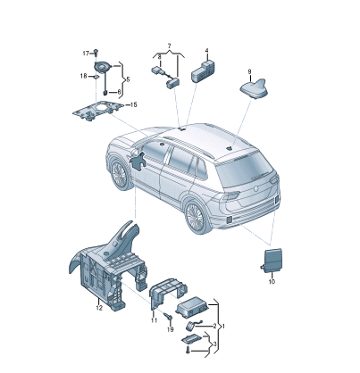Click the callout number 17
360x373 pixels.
tap(86, 54)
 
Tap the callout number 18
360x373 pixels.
tap(83, 76)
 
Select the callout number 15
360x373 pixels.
tap(133, 104)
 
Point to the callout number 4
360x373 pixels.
tap(206, 51)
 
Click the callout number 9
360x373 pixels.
tap(249, 71)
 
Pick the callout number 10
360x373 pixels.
tap(272, 281)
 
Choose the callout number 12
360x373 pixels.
tap(99, 308)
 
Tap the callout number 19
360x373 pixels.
tap(170, 329)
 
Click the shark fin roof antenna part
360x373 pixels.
tap(255, 88)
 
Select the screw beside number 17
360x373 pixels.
tap(96, 52)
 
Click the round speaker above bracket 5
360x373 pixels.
tap(102, 67)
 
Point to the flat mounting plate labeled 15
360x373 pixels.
tap(98, 110)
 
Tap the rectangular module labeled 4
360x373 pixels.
tap(203, 70)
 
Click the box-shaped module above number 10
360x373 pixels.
tap(272, 261)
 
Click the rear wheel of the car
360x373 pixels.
tap(196, 216)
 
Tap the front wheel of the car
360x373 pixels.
tap(120, 175)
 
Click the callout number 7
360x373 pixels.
tap(169, 46)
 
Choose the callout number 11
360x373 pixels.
tap(154, 320)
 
